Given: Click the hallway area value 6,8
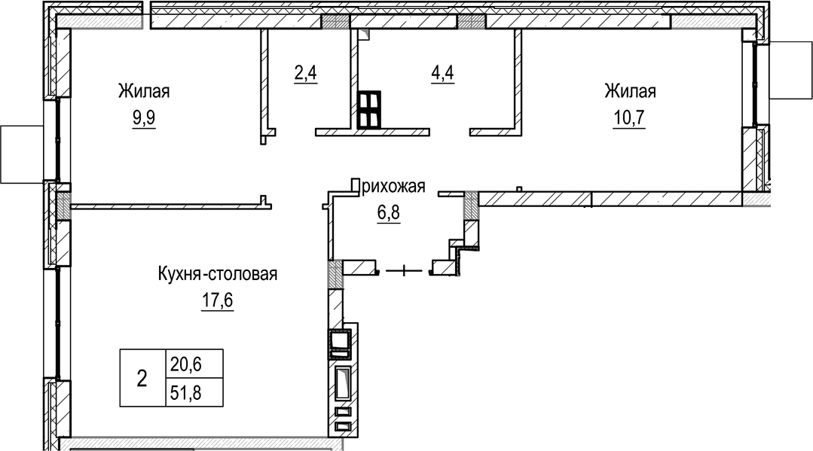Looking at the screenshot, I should point(388,212).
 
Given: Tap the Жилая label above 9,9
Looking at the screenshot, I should point(143,92).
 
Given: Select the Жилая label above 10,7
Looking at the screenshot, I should point(629,92).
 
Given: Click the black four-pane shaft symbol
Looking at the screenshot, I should point(369,109).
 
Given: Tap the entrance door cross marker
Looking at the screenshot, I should point(405,269).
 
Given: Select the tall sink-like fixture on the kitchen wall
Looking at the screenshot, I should point(343,384).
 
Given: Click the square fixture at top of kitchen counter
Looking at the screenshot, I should point(341,342).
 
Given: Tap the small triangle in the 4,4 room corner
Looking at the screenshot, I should point(363,34).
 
